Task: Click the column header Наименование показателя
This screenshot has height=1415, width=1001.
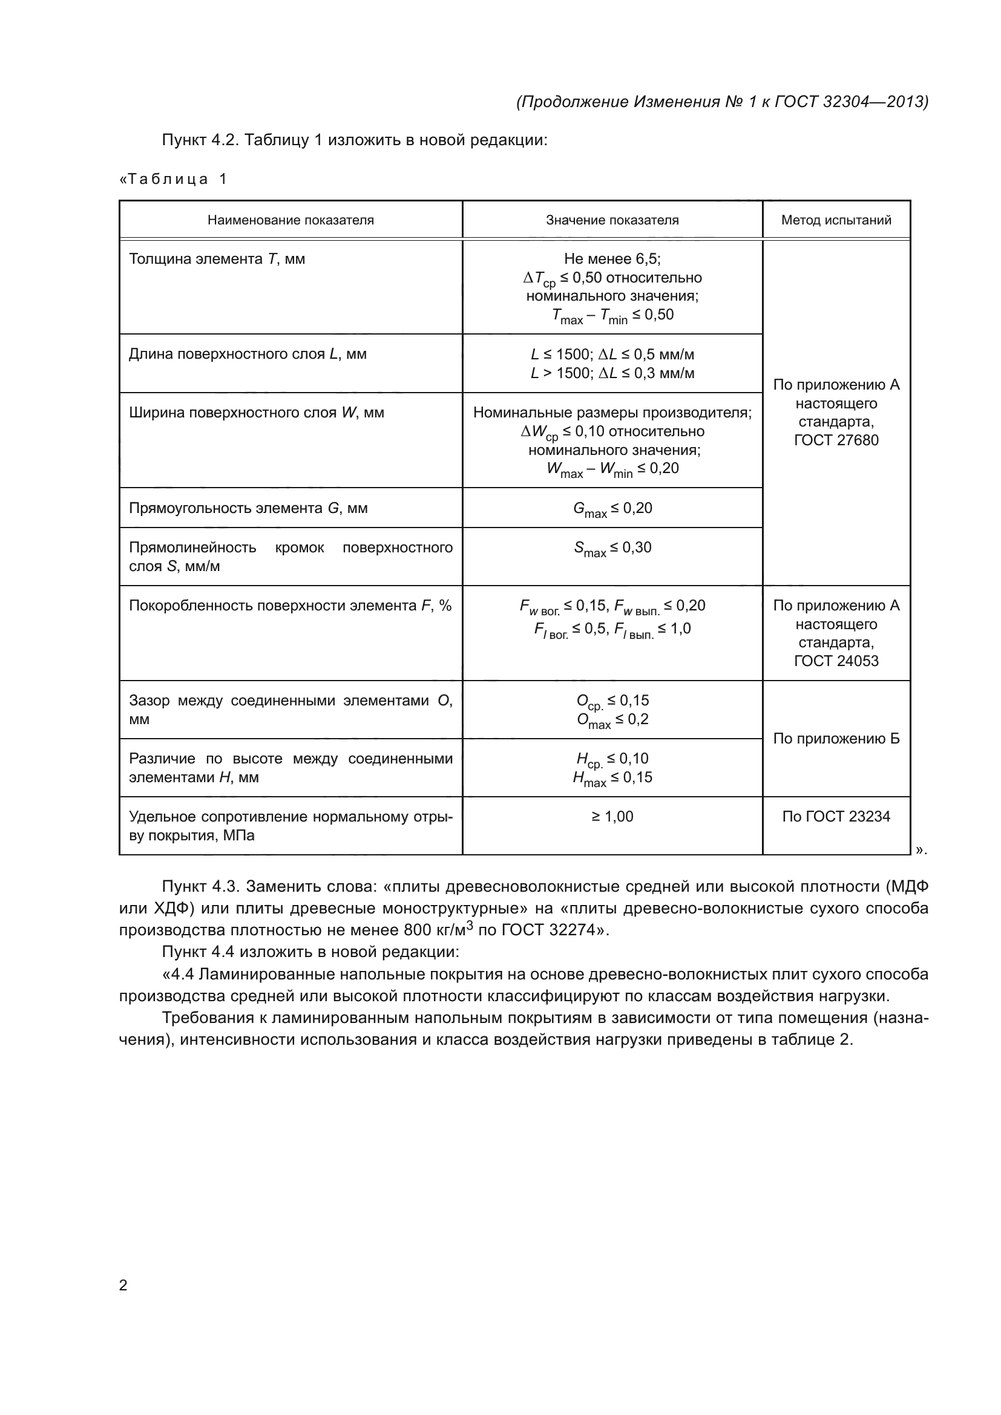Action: [290, 220]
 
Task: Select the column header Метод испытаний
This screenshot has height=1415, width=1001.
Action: [836, 220]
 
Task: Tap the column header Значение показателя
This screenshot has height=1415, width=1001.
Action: [612, 220]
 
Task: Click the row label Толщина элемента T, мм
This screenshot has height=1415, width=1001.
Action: [217, 259]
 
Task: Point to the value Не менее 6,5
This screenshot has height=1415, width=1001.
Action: [612, 259]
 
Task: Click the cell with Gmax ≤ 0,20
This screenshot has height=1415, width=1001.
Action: [612, 509]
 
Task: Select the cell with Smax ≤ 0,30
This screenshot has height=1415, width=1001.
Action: [612, 549]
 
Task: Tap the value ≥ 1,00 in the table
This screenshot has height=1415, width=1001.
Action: [612, 817]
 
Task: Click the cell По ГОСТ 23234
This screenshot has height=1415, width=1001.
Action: [836, 817]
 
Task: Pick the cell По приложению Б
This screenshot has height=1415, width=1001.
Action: [836, 739]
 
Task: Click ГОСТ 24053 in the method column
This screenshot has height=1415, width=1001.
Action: [836, 661]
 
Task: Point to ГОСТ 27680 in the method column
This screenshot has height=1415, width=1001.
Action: [836, 440]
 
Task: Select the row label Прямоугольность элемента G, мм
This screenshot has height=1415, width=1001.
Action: [248, 508]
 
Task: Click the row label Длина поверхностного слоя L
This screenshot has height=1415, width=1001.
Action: [247, 355]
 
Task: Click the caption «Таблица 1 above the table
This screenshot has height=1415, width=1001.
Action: [173, 179]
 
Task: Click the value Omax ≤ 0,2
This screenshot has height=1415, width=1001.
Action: [612, 721]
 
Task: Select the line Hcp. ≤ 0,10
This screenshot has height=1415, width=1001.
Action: [612, 760]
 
